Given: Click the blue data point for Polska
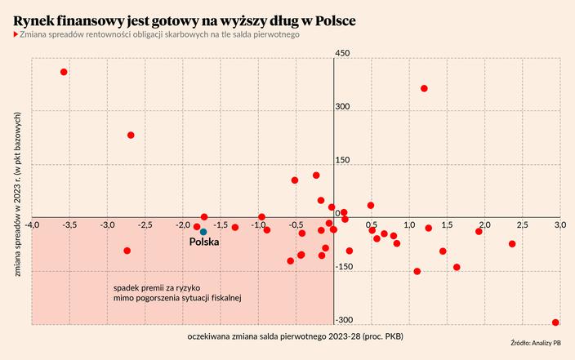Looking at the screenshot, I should (203, 233).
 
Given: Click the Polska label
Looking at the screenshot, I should (203, 242).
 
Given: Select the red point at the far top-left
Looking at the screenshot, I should (64, 72).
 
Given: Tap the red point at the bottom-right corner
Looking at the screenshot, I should (555, 322).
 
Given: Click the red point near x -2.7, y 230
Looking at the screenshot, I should (131, 136).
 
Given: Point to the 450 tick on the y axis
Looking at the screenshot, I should (343, 53).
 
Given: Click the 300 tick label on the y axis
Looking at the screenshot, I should (343, 107).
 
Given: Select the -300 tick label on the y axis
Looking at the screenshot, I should (345, 319).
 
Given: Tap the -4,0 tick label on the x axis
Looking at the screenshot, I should (31, 224).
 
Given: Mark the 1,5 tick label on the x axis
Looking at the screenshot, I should (447, 224).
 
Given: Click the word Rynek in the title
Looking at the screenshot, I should (37, 19).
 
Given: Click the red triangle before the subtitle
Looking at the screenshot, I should (16, 35).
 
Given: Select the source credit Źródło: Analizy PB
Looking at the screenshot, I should (535, 343).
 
